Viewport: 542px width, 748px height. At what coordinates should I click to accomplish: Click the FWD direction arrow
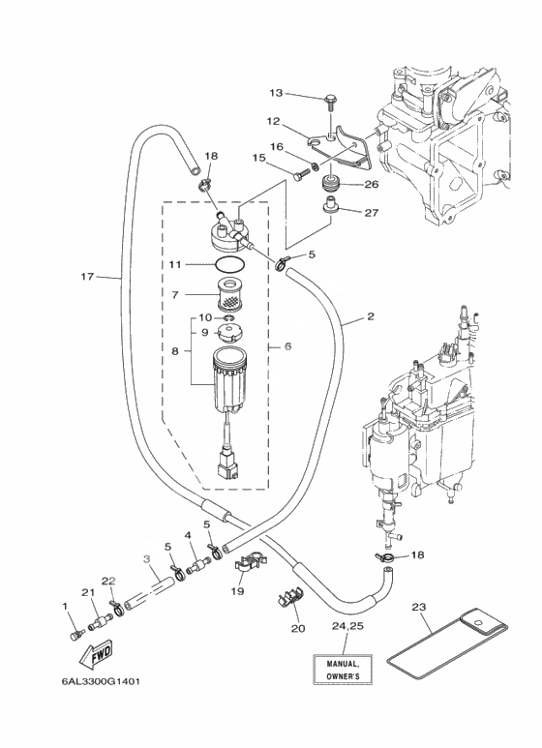pos(97,655)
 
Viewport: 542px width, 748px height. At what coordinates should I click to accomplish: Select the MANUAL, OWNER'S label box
pos(343,670)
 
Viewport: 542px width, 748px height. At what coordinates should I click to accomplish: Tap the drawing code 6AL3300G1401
pos(101,681)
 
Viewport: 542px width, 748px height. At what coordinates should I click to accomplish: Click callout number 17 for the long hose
pos(87,276)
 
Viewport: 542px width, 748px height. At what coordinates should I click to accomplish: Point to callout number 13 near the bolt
pos(276,93)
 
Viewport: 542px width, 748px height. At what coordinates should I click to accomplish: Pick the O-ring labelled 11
pos(229,263)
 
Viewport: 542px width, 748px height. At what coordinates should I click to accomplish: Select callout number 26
pos(372,184)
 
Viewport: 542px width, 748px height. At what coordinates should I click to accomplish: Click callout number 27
pos(372,212)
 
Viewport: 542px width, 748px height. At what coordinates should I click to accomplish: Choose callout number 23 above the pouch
pos(418,607)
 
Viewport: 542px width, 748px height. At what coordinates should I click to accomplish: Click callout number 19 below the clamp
pos(237,591)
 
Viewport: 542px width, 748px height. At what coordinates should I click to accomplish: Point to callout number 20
pos(298,628)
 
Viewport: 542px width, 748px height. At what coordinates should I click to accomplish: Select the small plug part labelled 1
pos(77,635)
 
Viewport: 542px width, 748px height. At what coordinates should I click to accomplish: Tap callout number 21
pos(88,592)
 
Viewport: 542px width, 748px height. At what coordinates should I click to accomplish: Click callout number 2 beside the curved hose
pos(371,316)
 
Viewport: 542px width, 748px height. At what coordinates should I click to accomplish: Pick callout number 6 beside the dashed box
pos(287,345)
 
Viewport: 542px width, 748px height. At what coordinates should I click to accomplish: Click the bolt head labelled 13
pos(330,100)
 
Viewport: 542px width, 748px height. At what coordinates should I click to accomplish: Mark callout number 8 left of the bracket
pos(175,351)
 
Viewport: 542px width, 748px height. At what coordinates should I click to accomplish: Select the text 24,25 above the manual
pos(347,626)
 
